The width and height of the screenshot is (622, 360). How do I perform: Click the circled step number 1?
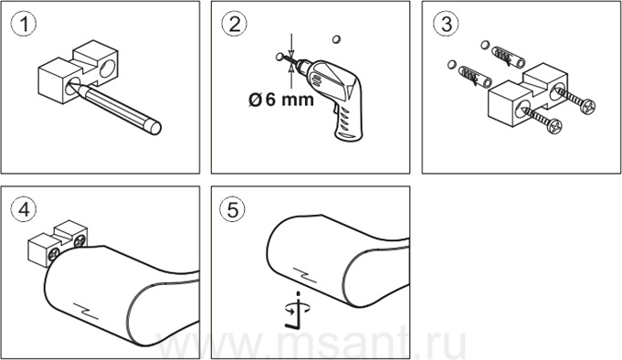pyautogui.click(x=24, y=24)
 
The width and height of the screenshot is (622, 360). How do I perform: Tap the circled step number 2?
pyautogui.click(x=235, y=24)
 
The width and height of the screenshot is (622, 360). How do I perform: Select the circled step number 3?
pyautogui.click(x=446, y=24)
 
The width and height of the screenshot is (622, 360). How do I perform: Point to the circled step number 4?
pyautogui.click(x=24, y=209)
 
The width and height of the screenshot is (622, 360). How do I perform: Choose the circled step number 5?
pyautogui.click(x=233, y=209)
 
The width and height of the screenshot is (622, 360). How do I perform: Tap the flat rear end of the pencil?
pyautogui.click(x=154, y=128)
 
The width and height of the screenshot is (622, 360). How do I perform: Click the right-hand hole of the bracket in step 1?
pyautogui.click(x=107, y=69)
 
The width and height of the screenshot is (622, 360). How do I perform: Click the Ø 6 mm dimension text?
pyautogui.click(x=280, y=100)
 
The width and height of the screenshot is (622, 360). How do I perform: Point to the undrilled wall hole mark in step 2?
pyautogui.click(x=336, y=39)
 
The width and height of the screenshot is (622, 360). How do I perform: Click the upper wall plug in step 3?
pyautogui.click(x=508, y=58)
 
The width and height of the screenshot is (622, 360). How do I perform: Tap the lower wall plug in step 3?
pyautogui.click(x=475, y=77)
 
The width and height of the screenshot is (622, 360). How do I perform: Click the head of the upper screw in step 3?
pyautogui.click(x=587, y=106)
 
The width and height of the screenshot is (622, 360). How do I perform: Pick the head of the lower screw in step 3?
pyautogui.click(x=554, y=125)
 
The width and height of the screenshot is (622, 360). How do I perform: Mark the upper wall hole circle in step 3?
pyautogui.click(x=485, y=45)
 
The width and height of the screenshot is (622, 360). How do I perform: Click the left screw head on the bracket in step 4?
pyautogui.click(x=54, y=254)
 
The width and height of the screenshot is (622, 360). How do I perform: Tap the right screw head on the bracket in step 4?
pyautogui.click(x=79, y=240)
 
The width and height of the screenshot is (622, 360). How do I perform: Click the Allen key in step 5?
pyautogui.click(x=293, y=318)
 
